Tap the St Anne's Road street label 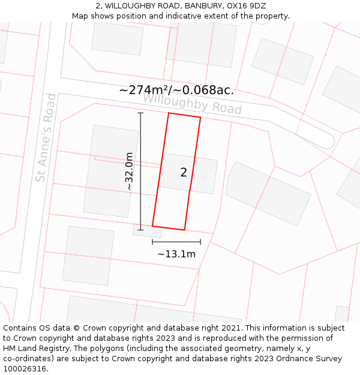click(x=46, y=138)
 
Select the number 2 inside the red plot click(x=184, y=173)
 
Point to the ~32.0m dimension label click(x=128, y=172)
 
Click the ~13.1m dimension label click(x=176, y=254)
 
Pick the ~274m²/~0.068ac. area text click(x=176, y=90)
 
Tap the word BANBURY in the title click(x=184, y=6)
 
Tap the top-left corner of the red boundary click(x=169, y=113)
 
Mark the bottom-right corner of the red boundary click(x=184, y=230)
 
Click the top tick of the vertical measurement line click(x=141, y=113)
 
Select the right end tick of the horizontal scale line click(x=200, y=242)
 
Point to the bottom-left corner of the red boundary click(x=152, y=226)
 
